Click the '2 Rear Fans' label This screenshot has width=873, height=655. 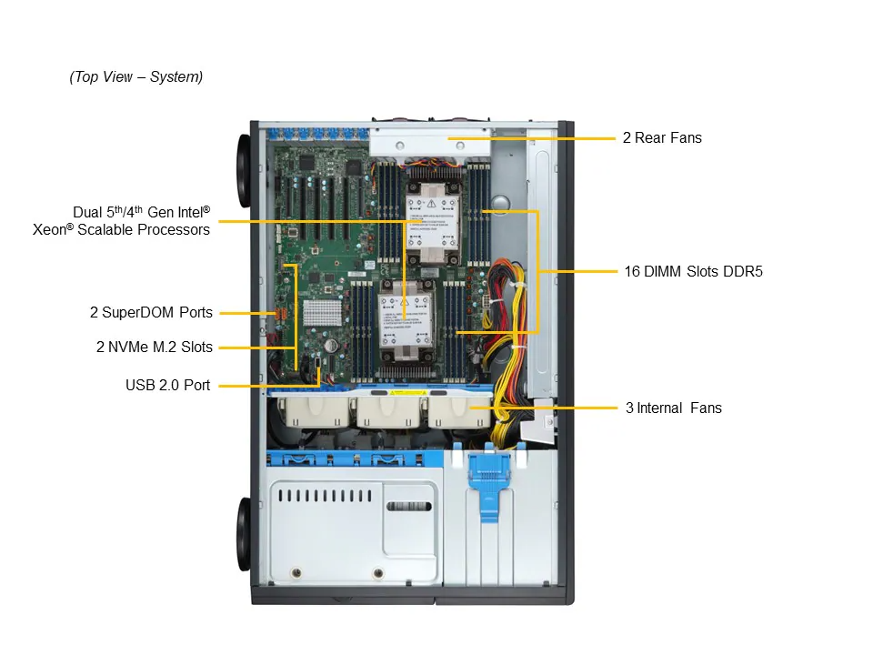(x=662, y=138)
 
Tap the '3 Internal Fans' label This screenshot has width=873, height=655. (x=673, y=408)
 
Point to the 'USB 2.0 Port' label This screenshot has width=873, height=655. (x=167, y=386)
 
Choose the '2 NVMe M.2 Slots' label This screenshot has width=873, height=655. (x=154, y=347)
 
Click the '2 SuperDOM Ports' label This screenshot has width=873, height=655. (x=151, y=313)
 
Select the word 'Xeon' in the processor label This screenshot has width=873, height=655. (x=50, y=230)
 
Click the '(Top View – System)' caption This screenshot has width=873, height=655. (x=135, y=77)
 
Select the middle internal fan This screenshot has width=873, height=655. (x=385, y=413)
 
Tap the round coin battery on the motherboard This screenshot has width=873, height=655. (x=333, y=347)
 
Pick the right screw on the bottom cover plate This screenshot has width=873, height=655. (x=378, y=573)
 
